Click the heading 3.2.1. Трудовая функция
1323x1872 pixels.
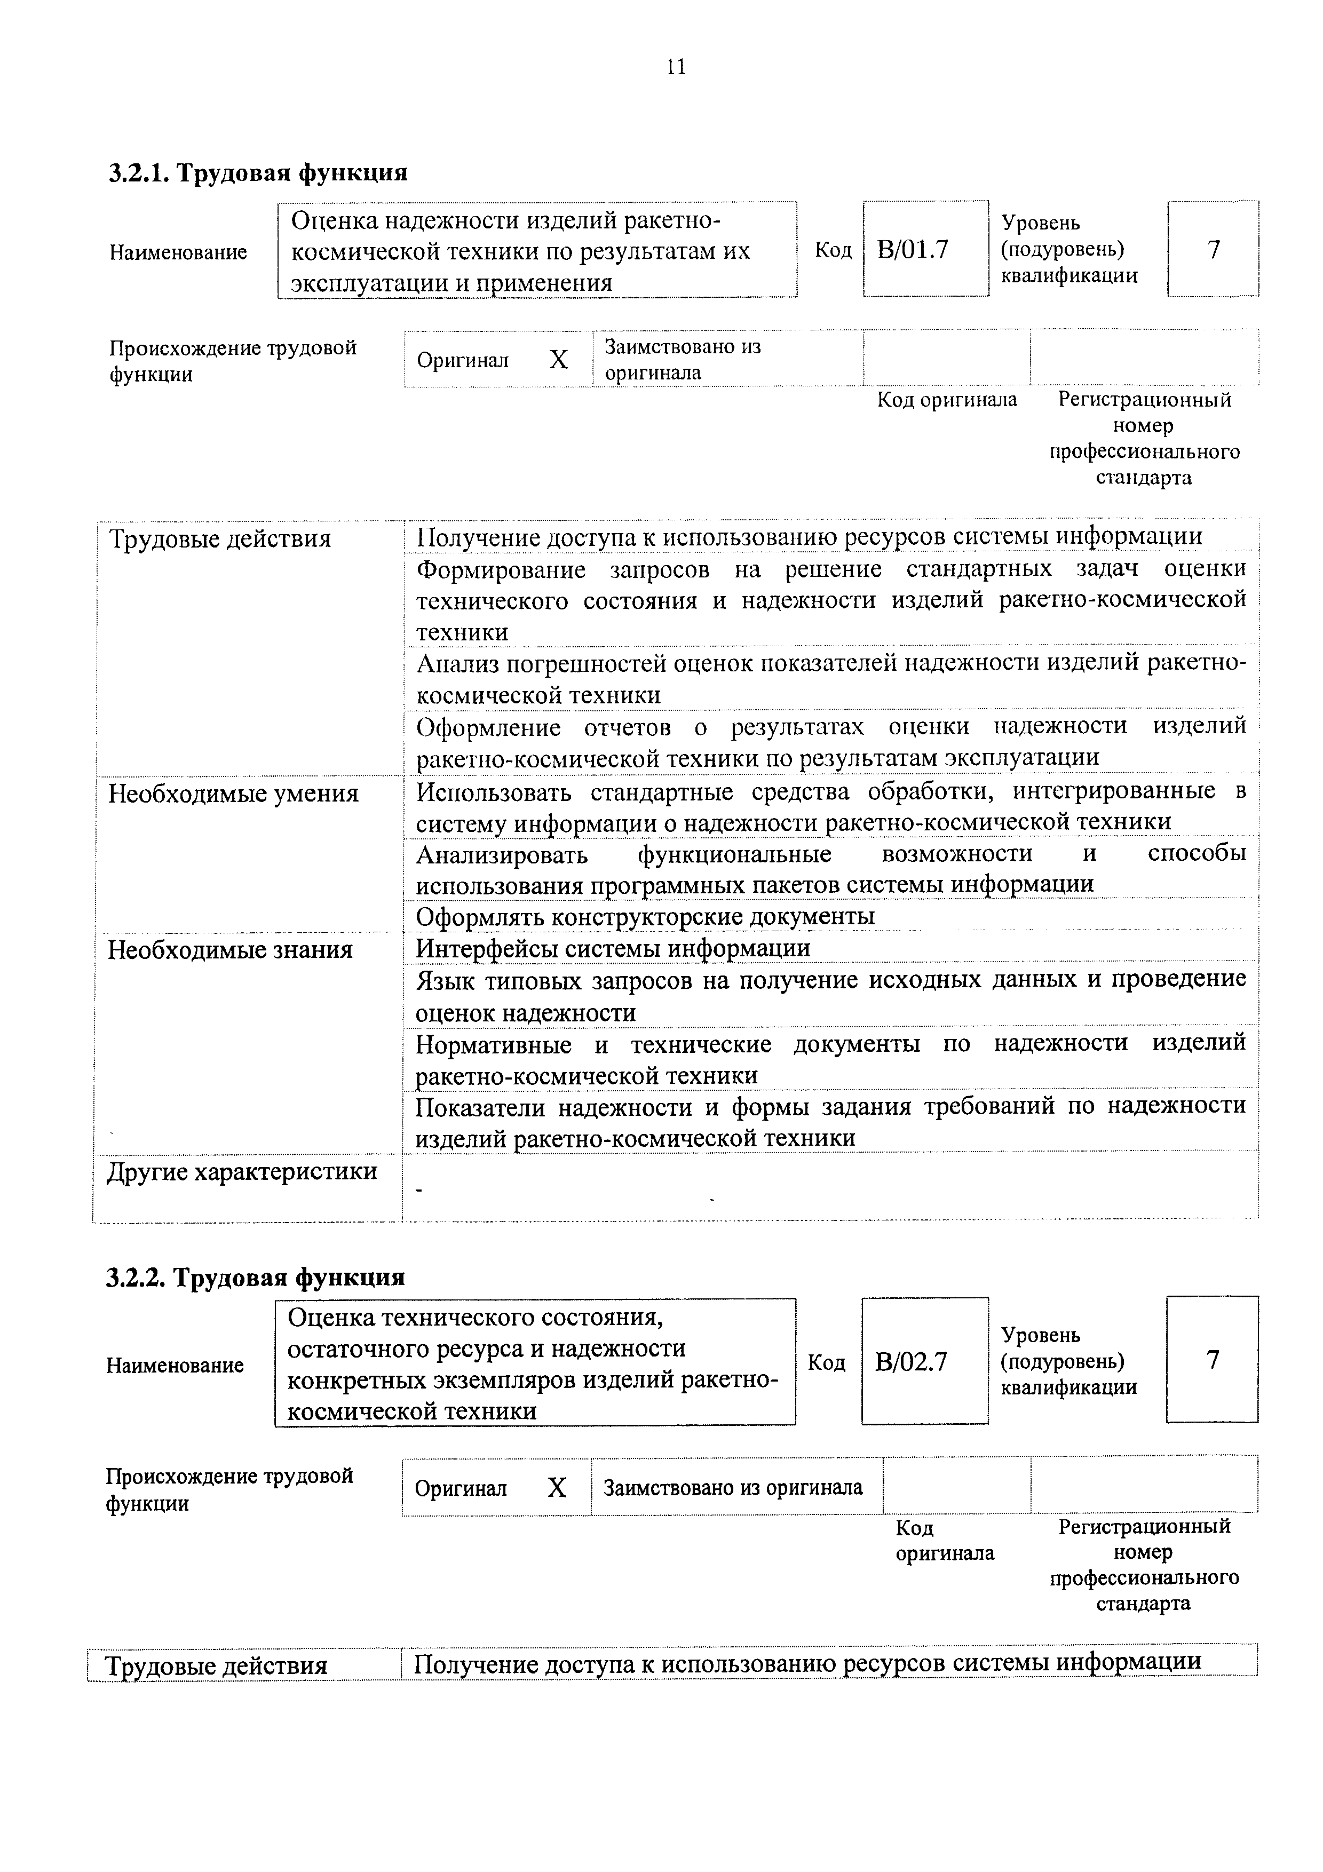click(258, 173)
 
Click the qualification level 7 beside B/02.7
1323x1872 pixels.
click(1212, 1360)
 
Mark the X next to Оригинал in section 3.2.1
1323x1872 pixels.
click(558, 360)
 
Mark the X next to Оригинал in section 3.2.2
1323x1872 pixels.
click(557, 1488)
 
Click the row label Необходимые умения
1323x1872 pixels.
click(233, 794)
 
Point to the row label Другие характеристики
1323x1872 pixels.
click(242, 1172)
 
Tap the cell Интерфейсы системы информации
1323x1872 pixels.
click(613, 948)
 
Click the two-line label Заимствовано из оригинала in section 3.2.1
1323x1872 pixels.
click(682, 360)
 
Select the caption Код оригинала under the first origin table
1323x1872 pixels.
click(946, 400)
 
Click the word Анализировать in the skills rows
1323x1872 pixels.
click(502, 854)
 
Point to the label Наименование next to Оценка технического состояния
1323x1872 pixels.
click(175, 1366)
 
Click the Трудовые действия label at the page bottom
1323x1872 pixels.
click(218, 1665)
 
